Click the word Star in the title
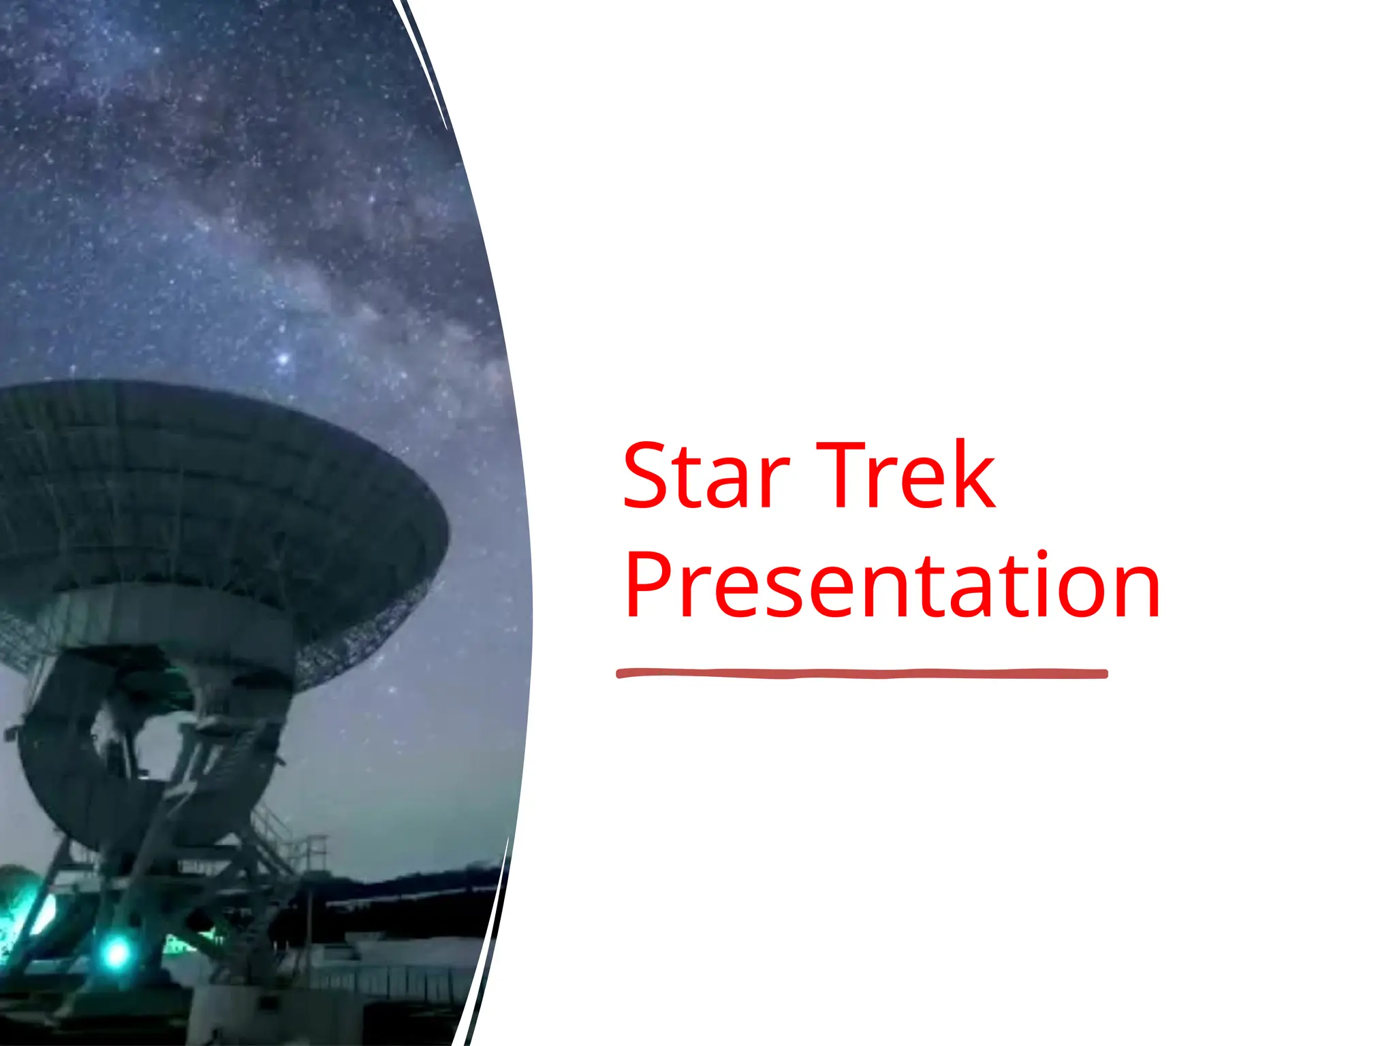(x=705, y=476)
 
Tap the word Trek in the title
(x=906, y=476)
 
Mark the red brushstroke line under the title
(x=862, y=673)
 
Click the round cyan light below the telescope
(x=116, y=953)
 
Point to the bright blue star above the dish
(x=283, y=358)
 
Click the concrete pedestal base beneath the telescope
(x=225, y=1015)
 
